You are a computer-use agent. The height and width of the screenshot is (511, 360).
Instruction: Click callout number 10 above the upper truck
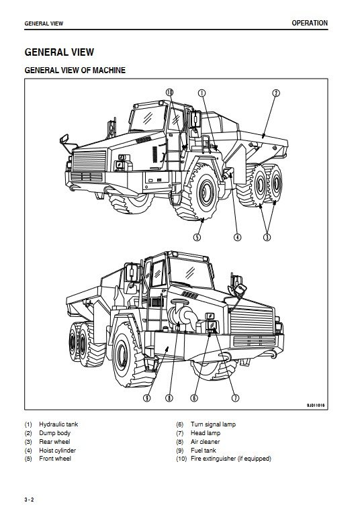coord(169,93)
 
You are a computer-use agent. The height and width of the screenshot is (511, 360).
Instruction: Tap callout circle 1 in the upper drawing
coord(202,93)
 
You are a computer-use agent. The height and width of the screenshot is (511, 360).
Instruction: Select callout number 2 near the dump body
coord(276,93)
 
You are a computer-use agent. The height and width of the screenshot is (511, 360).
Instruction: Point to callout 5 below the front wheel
coord(197,237)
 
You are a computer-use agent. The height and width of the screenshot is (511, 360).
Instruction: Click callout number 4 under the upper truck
coord(238,237)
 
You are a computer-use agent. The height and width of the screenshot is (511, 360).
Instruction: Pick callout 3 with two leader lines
coord(267,237)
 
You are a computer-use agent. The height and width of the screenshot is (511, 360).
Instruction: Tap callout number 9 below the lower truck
coord(147,398)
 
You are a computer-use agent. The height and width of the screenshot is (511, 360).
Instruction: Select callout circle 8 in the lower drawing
coord(169,398)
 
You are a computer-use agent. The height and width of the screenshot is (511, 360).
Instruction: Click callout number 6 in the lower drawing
coord(194,398)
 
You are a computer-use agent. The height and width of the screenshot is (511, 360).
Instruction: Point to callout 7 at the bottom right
coord(235,398)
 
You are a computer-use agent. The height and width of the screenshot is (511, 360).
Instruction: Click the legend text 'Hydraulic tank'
coord(58,424)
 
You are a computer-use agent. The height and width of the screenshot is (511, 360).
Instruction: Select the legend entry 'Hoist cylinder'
coord(57,451)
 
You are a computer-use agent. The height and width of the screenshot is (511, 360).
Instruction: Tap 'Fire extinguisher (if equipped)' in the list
coord(231,459)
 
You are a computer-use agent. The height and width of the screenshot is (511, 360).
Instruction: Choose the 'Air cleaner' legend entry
coord(205,442)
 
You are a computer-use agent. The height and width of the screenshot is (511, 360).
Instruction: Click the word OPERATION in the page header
coord(310,23)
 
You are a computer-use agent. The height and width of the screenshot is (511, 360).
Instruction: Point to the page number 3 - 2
coord(29,500)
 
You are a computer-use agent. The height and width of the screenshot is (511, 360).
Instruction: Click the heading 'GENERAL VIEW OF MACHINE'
coord(75,70)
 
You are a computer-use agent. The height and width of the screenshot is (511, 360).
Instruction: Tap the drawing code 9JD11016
coord(316,406)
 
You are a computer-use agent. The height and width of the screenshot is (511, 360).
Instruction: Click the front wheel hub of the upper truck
coord(206,191)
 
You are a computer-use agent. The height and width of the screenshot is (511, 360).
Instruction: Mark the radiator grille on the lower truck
coord(252,320)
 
